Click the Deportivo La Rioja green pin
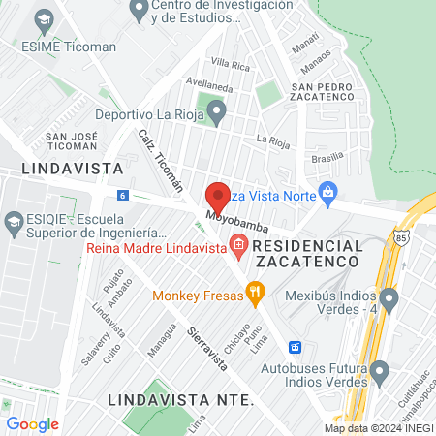click(x=217, y=114)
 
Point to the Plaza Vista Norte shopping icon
click(x=329, y=191)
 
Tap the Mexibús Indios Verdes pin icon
click(x=389, y=296)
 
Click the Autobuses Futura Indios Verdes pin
click(x=380, y=369)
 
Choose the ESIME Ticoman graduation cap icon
click(x=43, y=18)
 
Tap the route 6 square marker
click(x=122, y=195)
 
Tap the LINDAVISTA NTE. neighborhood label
click(x=180, y=399)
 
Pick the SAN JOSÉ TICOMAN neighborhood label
click(x=72, y=140)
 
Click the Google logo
click(x=32, y=423)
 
